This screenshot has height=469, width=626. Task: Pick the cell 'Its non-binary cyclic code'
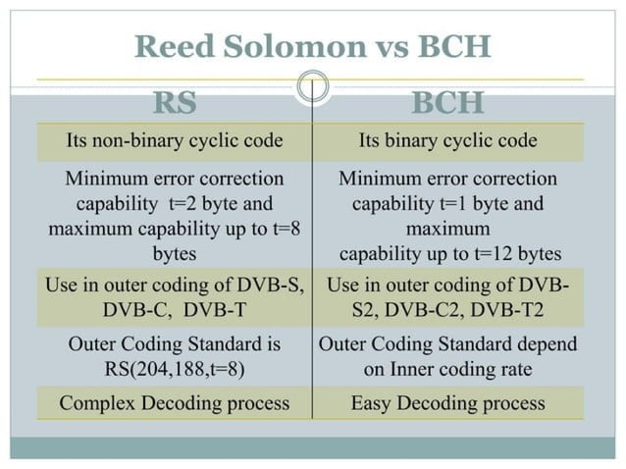[x=175, y=140]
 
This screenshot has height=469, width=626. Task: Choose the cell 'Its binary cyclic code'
[x=447, y=140]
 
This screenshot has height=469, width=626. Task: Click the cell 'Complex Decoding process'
[x=175, y=403]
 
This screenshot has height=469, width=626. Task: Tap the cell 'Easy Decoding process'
[x=447, y=403]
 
